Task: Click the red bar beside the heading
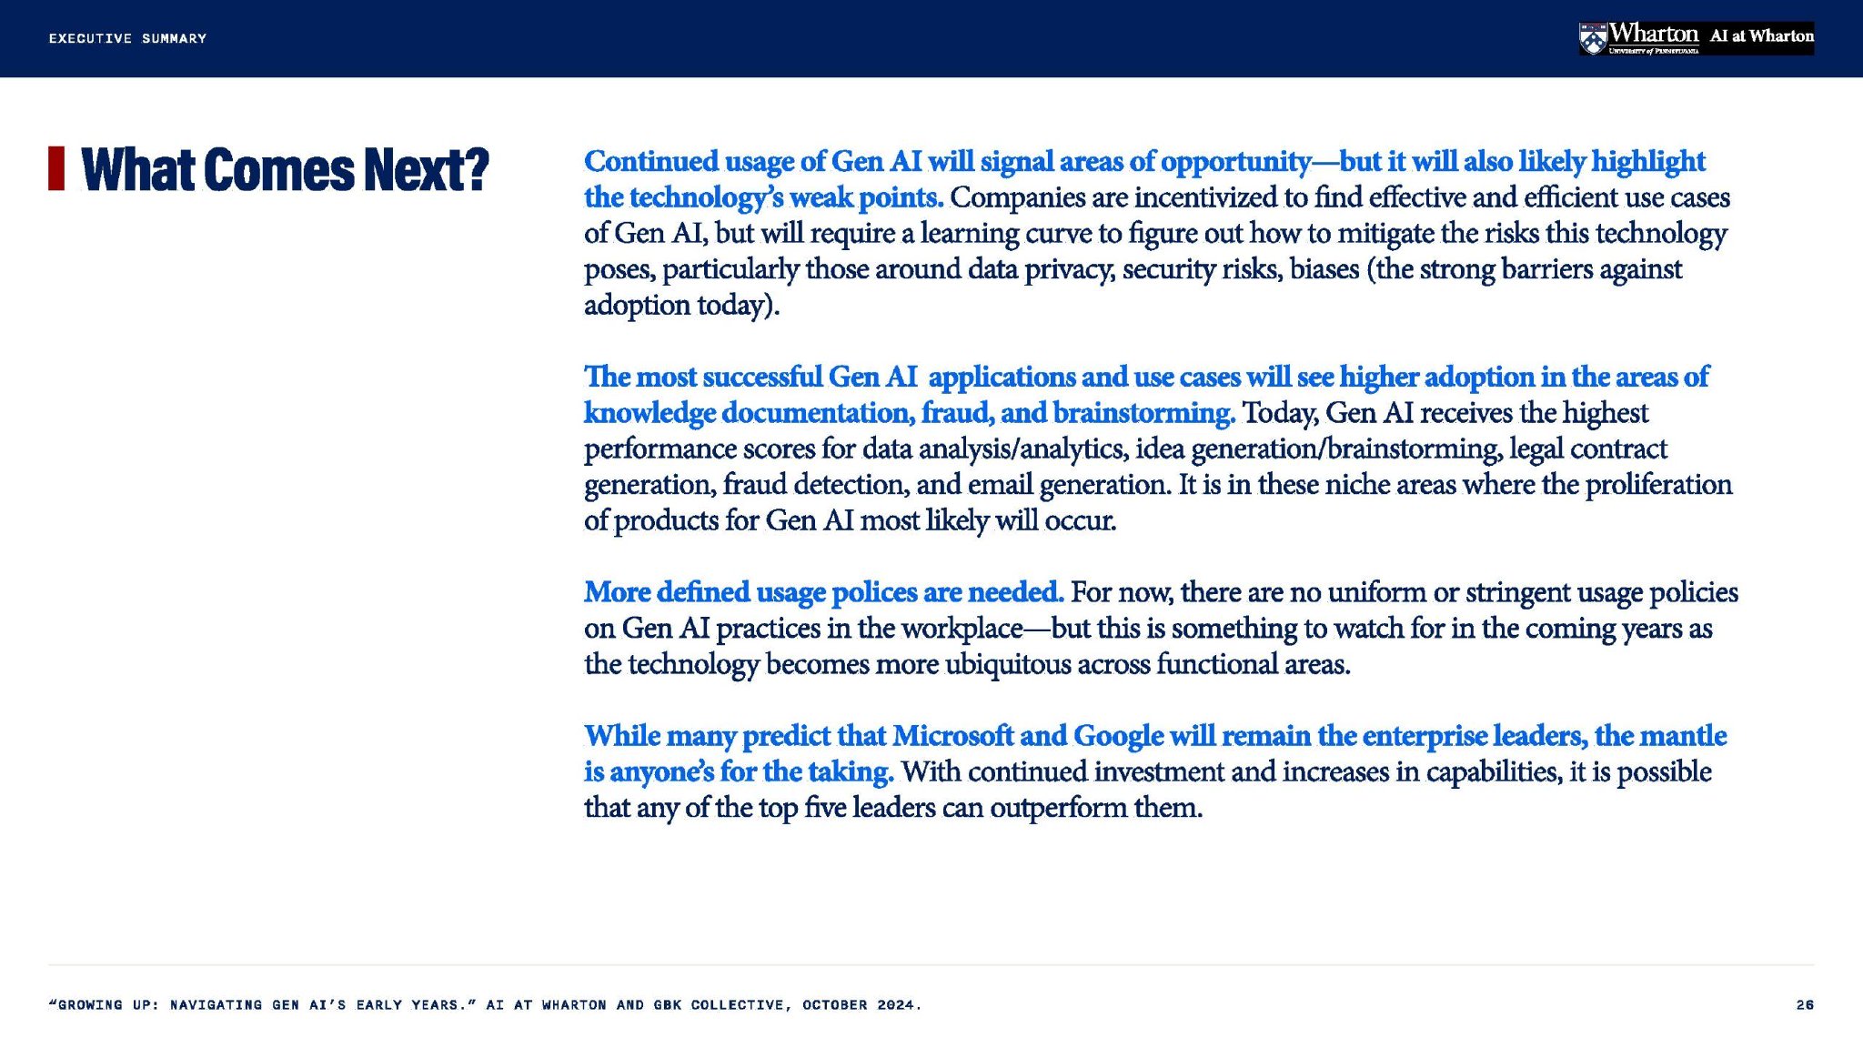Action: (x=56, y=168)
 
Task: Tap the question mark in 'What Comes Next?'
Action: (x=475, y=169)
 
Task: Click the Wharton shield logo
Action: (x=1592, y=38)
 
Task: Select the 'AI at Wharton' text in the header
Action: (x=1761, y=36)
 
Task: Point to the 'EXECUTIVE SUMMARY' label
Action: (x=128, y=38)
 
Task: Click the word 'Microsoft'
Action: (x=952, y=735)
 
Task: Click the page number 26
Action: (x=1805, y=1004)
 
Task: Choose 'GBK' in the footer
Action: (x=668, y=1004)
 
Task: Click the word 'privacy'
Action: (x=1070, y=270)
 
